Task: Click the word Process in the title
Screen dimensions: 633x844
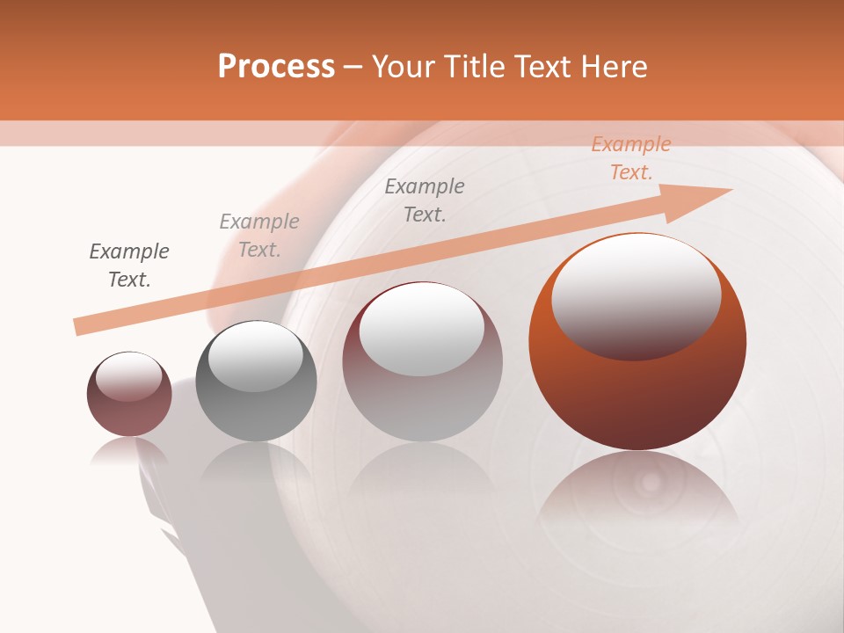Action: [x=276, y=67]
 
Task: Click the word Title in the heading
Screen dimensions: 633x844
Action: [x=475, y=67]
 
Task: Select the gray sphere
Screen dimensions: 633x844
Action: [x=256, y=413]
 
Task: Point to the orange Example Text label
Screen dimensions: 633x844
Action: [x=630, y=158]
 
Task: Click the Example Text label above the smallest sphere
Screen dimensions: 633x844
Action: [x=129, y=266]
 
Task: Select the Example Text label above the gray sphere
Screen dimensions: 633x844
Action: [x=259, y=236]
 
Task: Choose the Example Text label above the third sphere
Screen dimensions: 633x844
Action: [x=425, y=200]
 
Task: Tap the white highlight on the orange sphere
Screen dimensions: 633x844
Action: [x=636, y=295]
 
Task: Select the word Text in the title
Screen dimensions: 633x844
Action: [x=539, y=67]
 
